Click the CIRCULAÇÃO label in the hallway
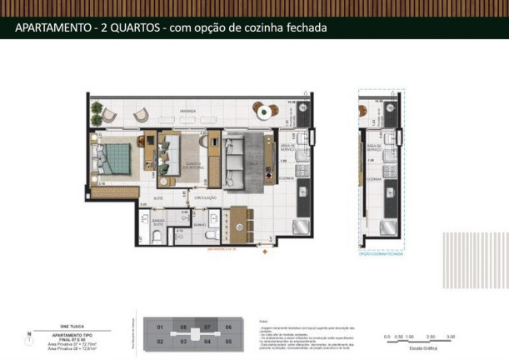pos(206,197)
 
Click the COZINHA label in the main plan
pos(287,178)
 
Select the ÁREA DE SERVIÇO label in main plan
pos(287,146)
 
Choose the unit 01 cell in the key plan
pos(160,327)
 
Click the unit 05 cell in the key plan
pos(227,342)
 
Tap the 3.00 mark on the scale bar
pos(451,336)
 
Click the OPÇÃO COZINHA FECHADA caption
pos(382,254)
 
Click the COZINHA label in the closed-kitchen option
pos(373,178)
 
